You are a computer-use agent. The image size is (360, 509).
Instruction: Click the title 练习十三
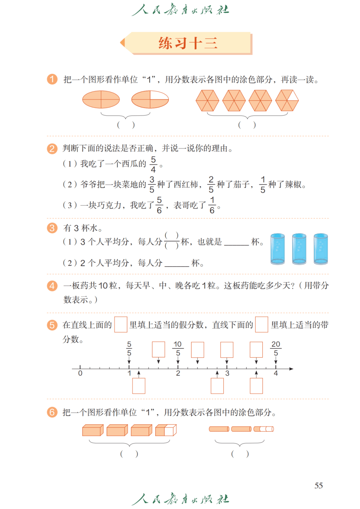(188, 43)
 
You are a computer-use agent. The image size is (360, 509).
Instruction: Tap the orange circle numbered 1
(52, 79)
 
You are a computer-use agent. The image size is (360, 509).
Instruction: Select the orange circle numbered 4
(52, 286)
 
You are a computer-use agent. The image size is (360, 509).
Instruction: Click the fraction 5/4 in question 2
(153, 164)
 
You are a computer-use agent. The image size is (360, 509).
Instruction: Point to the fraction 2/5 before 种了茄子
(211, 184)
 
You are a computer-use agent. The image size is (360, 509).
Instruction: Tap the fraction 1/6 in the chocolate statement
(212, 205)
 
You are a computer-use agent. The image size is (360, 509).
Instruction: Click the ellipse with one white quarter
(150, 99)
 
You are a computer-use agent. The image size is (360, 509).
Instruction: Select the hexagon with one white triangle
(287, 100)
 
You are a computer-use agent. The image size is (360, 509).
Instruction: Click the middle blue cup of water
(299, 249)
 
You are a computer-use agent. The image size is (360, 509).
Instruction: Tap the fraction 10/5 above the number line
(178, 349)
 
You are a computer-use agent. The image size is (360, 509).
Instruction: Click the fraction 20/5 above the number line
(276, 349)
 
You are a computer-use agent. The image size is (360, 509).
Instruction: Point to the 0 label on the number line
(80, 373)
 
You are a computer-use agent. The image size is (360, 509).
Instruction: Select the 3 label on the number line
(227, 373)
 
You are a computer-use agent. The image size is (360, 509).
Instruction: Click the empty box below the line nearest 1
(139, 386)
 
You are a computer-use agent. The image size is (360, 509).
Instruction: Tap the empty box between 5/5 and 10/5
(159, 350)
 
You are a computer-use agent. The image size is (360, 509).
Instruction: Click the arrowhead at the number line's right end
(291, 369)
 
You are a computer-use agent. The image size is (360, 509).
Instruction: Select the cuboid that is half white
(166, 430)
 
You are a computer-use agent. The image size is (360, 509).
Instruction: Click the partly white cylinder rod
(264, 429)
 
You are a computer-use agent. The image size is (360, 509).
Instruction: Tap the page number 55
(318, 485)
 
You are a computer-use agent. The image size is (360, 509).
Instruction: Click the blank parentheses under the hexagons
(247, 125)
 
